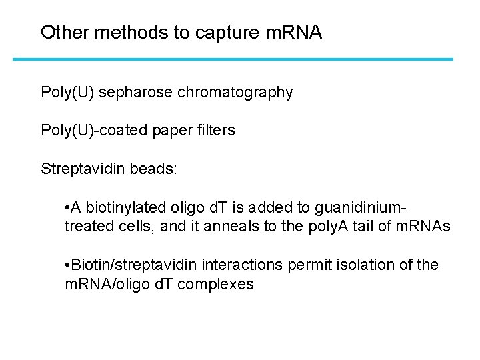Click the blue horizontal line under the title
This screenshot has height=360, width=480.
pyautogui.click(x=233, y=59)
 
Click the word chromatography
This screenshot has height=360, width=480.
pyautogui.click(x=235, y=93)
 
